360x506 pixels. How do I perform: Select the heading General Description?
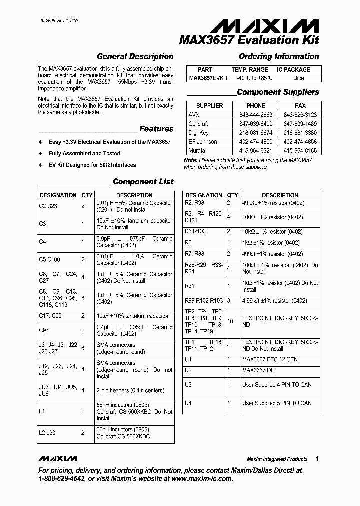[x=135, y=57]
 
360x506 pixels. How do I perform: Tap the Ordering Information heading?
[x=279, y=57]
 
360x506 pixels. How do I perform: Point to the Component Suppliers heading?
[x=278, y=92]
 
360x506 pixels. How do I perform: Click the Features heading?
[x=156, y=129]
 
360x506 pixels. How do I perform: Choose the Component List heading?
[x=143, y=182]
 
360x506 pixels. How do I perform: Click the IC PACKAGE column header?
[x=294, y=70]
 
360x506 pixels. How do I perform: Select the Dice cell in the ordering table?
[x=298, y=78]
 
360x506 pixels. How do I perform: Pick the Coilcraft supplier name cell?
[x=198, y=124]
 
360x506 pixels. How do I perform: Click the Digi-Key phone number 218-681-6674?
[x=256, y=133]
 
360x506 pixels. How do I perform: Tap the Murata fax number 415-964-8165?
[x=300, y=151]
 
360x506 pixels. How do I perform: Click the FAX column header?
[x=300, y=106]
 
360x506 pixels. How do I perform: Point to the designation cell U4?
[x=188, y=403]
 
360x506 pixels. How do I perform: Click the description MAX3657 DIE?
[x=262, y=371]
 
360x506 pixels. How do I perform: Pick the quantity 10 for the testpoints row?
[x=230, y=321]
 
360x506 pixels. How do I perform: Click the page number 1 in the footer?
[x=317, y=458]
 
